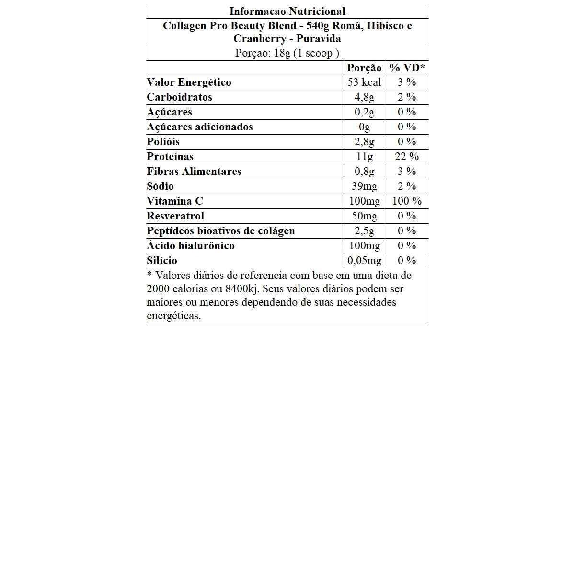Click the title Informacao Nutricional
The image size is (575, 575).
coord(287,11)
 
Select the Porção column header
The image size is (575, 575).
coord(364,68)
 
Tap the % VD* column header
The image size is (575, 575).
coord(407,68)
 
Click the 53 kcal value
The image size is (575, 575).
coord(364,82)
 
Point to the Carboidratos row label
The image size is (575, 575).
coord(179,97)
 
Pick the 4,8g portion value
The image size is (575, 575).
coord(364,97)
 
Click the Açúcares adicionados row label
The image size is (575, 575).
coord(200,127)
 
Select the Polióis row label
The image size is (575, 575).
coord(163,142)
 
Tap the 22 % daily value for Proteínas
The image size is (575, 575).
coord(407,157)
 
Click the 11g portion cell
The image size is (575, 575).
coord(364,157)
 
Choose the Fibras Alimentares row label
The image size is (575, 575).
coord(194,172)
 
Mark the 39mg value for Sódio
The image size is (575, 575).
coord(364,186)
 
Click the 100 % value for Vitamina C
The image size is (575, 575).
coord(407,201)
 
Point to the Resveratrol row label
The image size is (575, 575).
coord(175,216)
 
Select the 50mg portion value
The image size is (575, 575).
coord(364,216)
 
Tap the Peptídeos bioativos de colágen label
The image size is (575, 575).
coord(221,231)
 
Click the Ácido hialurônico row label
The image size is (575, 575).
coord(191,246)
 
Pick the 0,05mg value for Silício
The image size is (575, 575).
coord(364,261)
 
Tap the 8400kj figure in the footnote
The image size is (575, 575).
coord(241,289)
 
